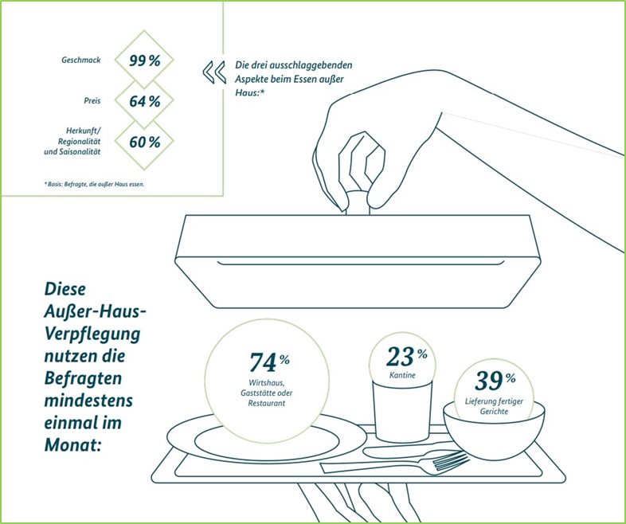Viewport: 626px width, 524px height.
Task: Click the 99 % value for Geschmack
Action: [144, 61]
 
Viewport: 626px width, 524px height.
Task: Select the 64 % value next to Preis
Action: [144, 101]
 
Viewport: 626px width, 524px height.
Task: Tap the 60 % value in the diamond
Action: [144, 142]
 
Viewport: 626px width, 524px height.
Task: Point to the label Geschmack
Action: [81, 61]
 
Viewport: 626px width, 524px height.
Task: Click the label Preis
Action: [92, 100]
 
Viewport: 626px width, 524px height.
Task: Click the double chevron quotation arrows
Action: [214, 72]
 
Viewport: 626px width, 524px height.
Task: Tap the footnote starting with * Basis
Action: [94, 185]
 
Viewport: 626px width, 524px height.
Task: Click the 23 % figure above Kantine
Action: [406, 357]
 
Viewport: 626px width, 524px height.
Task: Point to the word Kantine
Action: [402, 375]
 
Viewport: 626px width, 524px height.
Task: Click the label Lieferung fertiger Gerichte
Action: [494, 406]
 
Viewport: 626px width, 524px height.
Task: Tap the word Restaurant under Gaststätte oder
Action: [267, 404]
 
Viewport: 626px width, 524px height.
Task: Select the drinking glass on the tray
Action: [402, 411]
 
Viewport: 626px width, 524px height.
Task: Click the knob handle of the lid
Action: [358, 203]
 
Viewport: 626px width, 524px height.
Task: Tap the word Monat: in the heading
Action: [72, 444]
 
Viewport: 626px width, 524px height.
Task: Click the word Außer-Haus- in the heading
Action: [94, 311]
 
